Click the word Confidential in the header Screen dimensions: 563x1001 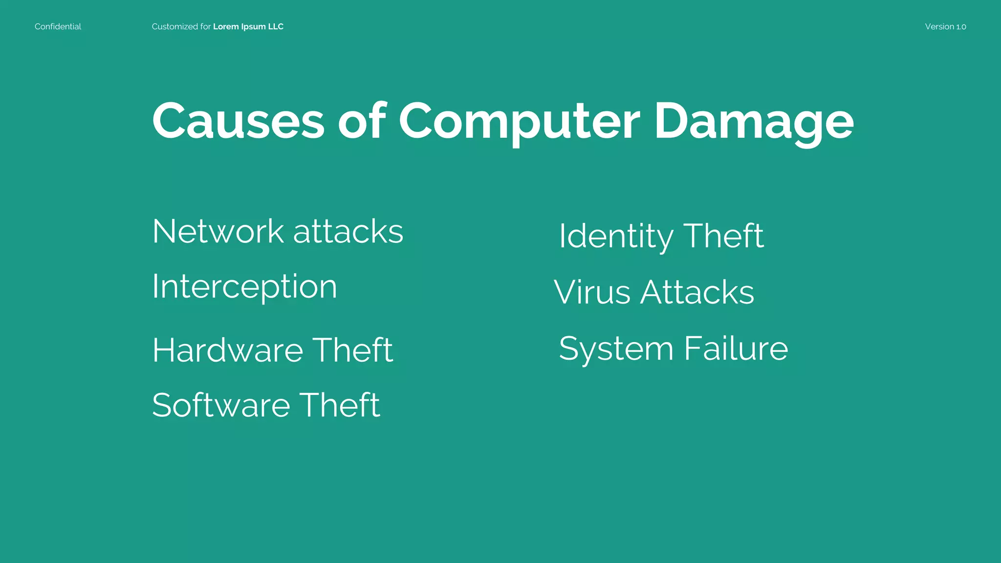[x=58, y=27]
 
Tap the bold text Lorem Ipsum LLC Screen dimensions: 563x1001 [x=248, y=27]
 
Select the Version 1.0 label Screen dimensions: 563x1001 [x=945, y=27]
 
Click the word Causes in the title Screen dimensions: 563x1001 [x=238, y=121]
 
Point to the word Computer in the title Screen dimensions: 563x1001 [x=519, y=121]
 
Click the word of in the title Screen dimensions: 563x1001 [x=362, y=121]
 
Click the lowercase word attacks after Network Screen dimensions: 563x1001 [x=348, y=231]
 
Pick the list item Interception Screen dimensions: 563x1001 [x=244, y=287]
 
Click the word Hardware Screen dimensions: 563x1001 [x=227, y=350]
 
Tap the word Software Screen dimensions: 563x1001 [x=221, y=405]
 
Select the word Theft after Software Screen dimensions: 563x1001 [x=339, y=405]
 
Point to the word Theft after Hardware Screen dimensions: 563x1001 [x=352, y=350]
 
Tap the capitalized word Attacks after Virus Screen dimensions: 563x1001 [x=697, y=292]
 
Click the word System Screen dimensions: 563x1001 [x=616, y=348]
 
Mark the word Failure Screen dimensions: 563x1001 [x=736, y=348]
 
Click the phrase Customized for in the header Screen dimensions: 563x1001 [x=181, y=27]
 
